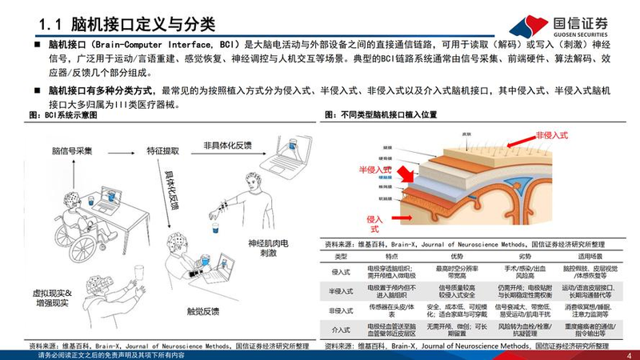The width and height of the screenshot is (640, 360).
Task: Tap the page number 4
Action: (628, 355)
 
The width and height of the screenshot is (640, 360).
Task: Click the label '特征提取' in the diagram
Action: (163, 150)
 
